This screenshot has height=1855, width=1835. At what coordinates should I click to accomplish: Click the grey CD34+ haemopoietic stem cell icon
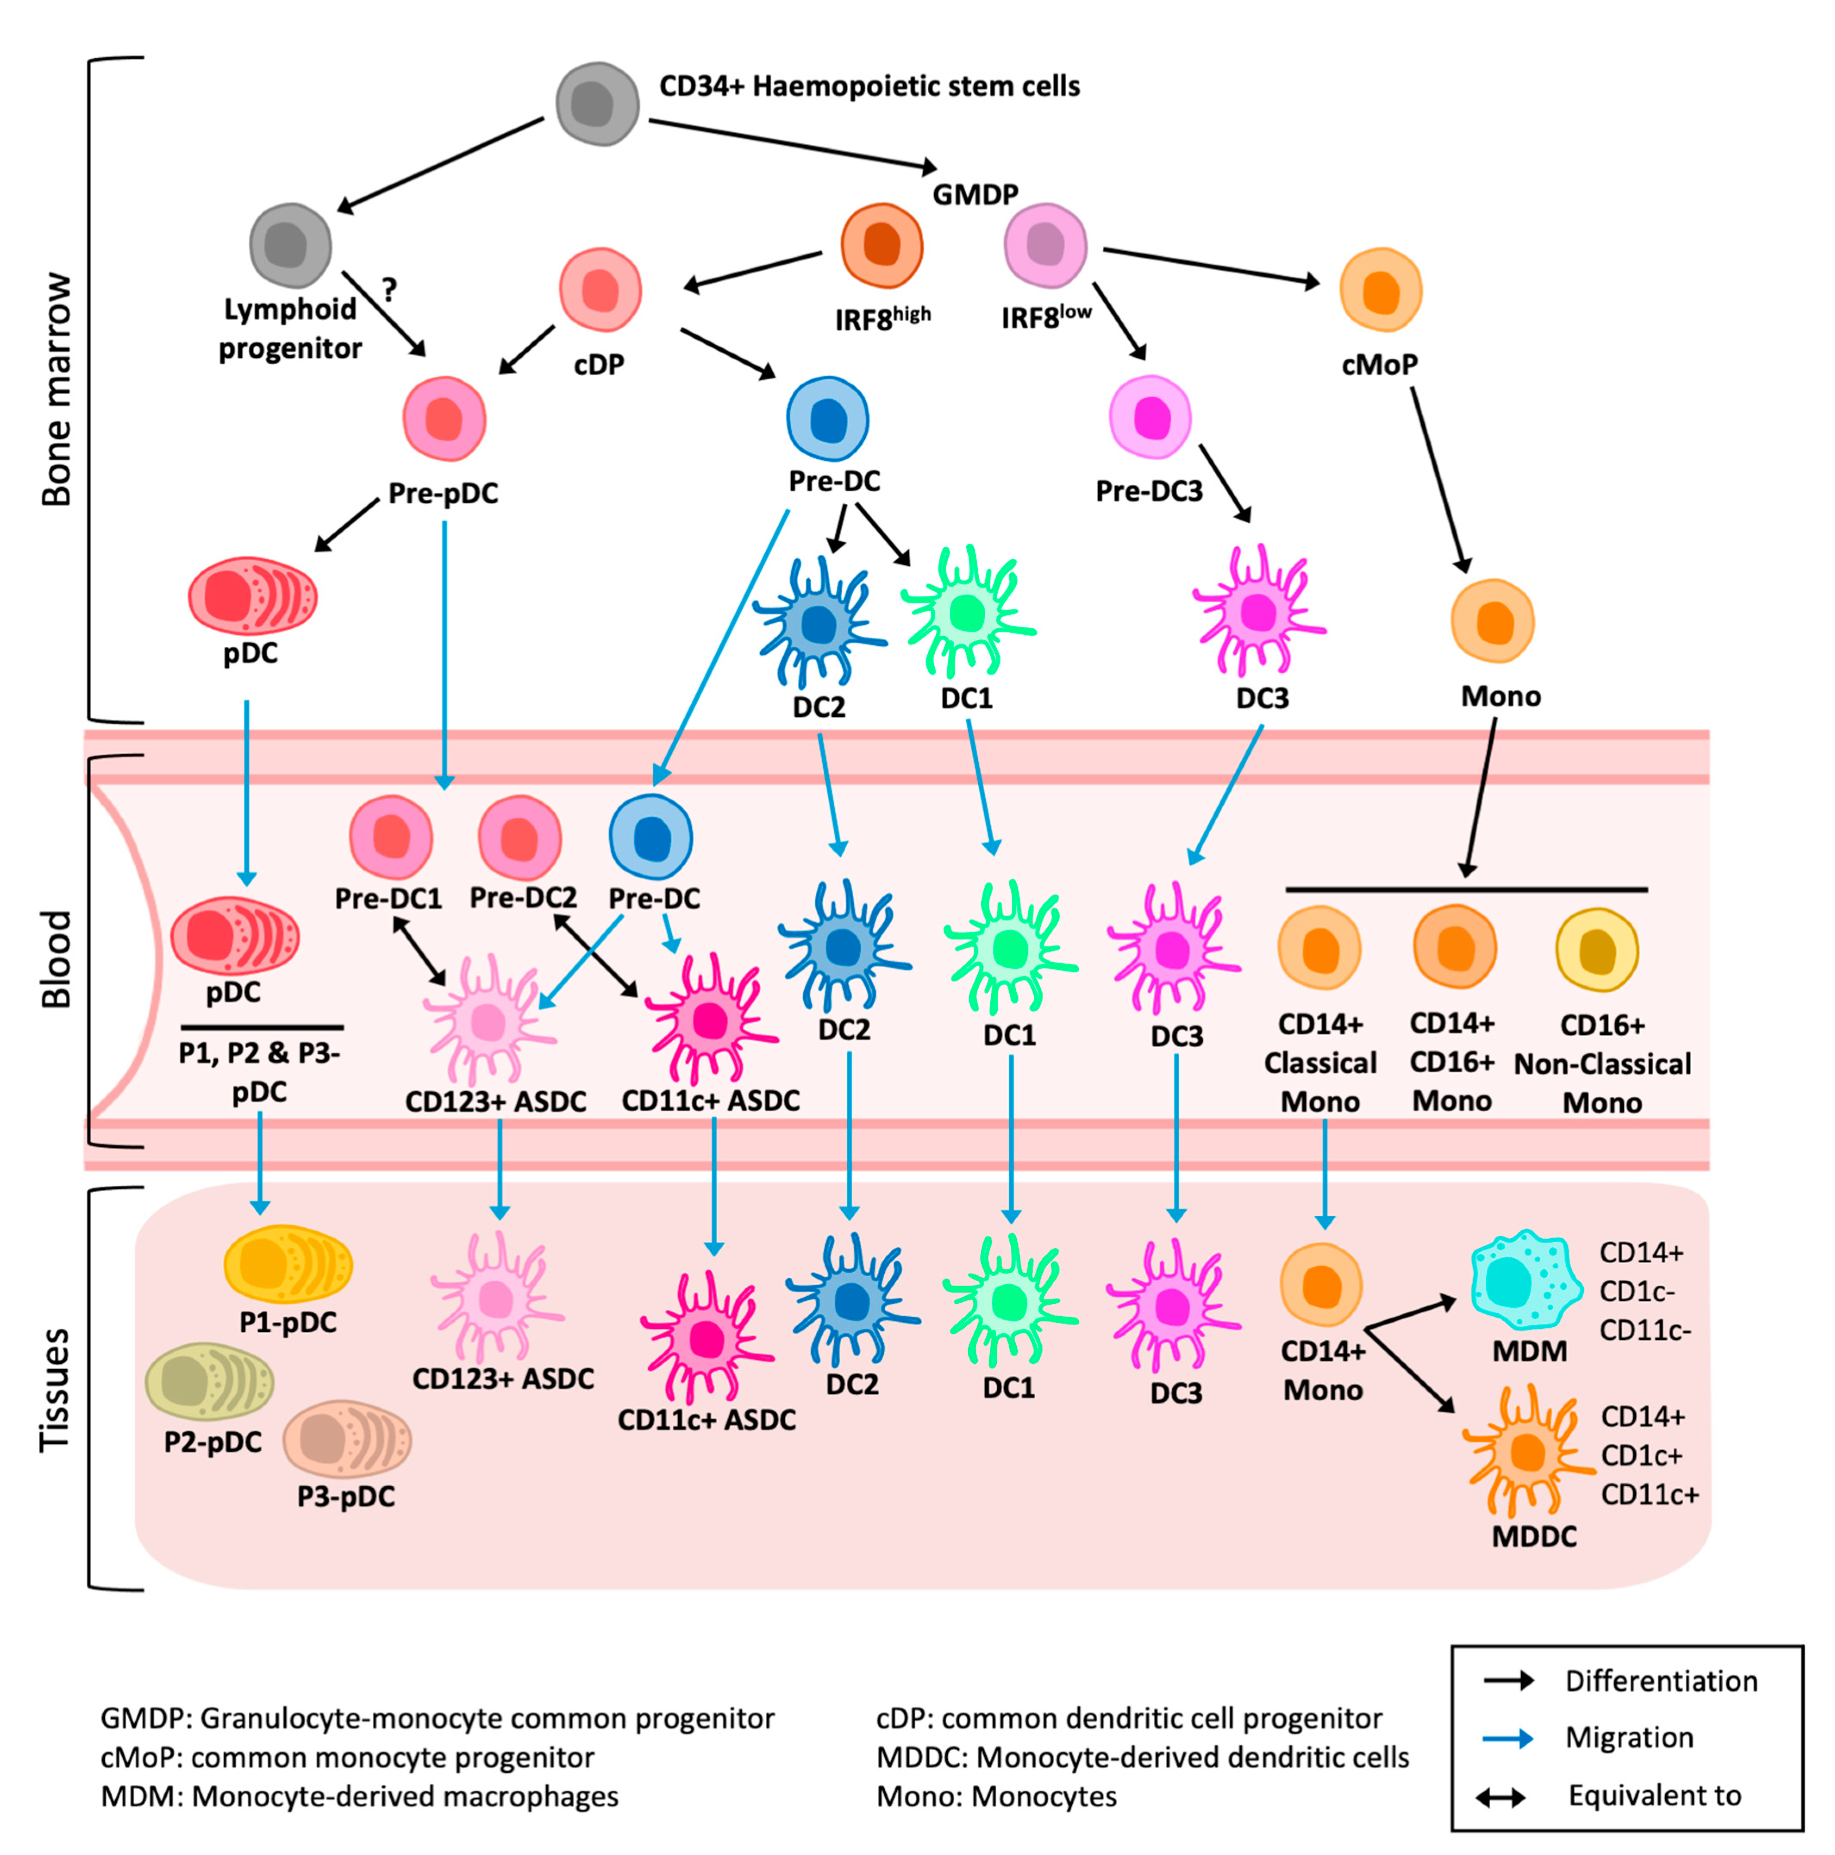coord(597,104)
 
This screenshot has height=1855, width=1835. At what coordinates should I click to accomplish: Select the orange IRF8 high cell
coord(881,246)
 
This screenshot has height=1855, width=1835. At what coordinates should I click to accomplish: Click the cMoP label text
coord(1379,365)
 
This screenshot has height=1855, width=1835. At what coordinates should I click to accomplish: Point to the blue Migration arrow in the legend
coord(1507,1738)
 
